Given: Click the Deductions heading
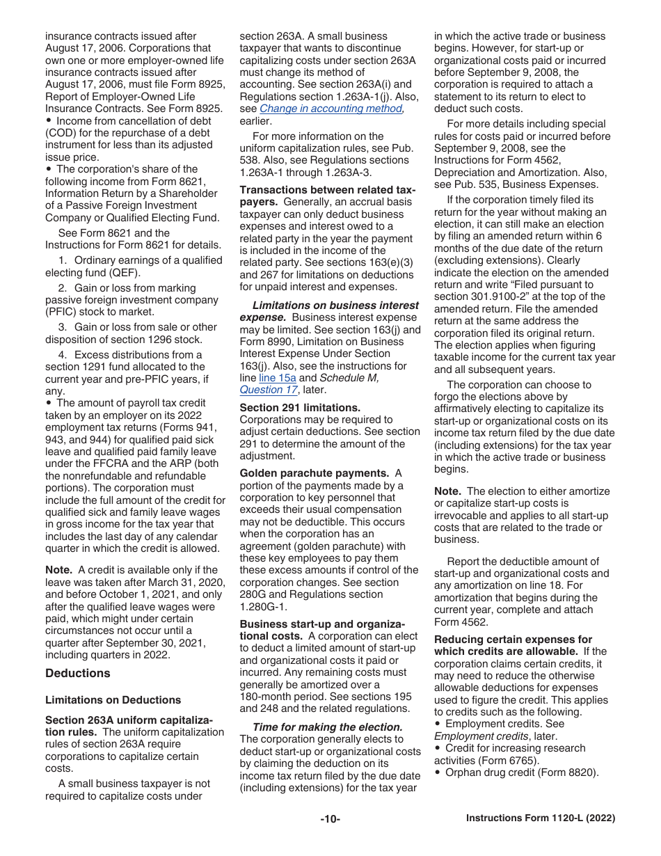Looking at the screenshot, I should [x=77, y=673].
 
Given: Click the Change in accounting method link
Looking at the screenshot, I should [x=331, y=109].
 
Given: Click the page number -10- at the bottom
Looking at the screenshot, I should [x=330, y=819].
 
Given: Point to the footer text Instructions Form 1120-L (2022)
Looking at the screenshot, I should [x=540, y=819].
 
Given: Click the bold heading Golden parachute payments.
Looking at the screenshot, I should [x=314, y=473].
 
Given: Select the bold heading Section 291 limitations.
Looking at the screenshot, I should [x=300, y=408].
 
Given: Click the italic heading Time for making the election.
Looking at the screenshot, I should [x=327, y=727].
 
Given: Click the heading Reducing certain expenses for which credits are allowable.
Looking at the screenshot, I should [x=513, y=645].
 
